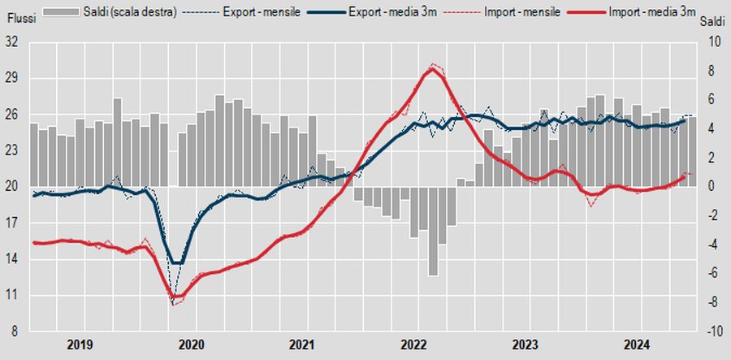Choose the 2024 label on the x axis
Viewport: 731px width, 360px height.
[x=637, y=344]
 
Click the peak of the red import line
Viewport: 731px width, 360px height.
[x=433, y=68]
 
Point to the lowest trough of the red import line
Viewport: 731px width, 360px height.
[x=174, y=300]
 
